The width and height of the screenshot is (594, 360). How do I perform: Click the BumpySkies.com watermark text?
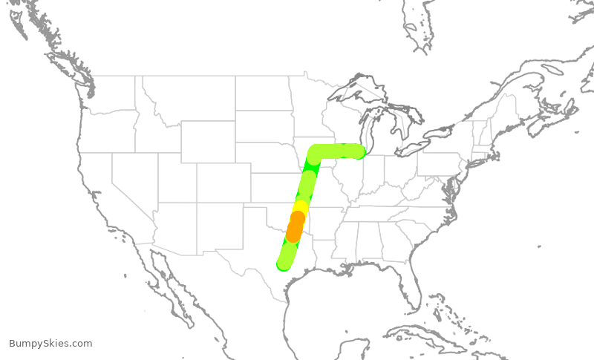(50, 344)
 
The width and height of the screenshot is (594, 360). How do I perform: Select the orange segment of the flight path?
(296, 226)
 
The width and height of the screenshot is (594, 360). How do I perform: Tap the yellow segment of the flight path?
(301, 207)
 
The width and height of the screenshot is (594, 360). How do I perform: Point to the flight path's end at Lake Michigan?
(359, 151)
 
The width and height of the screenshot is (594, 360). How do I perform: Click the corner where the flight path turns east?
(315, 153)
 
